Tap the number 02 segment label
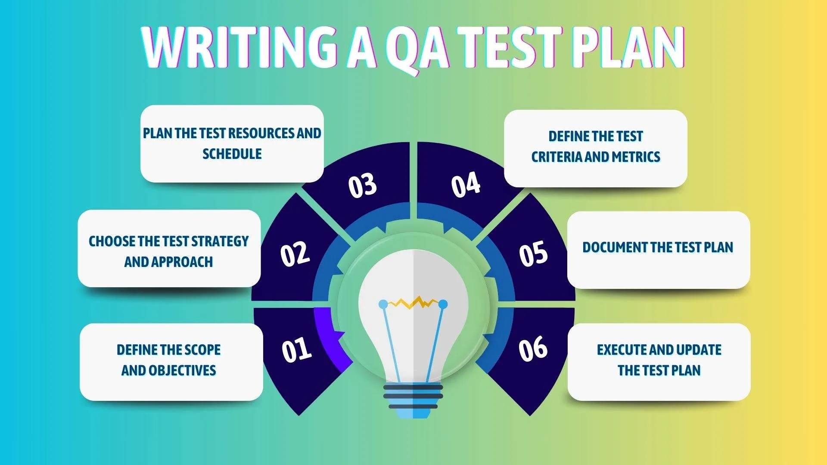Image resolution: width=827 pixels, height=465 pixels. click(x=295, y=254)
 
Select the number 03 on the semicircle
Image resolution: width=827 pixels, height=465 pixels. click(x=362, y=186)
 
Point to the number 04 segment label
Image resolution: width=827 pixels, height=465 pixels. click(x=466, y=185)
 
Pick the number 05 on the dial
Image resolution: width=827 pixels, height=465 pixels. click(x=533, y=253)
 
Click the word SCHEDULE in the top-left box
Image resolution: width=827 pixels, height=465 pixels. click(x=232, y=154)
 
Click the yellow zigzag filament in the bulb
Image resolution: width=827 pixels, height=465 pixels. click(x=413, y=303)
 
